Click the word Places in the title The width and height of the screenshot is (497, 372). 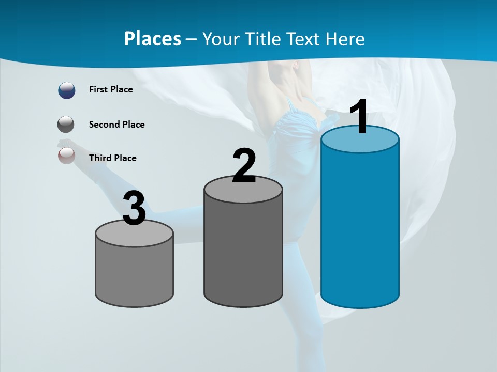(152, 39)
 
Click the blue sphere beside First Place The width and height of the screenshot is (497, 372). (67, 90)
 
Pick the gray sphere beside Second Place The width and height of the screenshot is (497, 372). (66, 125)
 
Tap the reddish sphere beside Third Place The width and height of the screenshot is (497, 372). (66, 155)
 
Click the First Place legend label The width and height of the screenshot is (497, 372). (111, 89)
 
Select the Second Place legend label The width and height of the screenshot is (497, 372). (116, 125)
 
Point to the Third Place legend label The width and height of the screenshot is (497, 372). (112, 158)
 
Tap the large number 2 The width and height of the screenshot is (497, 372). (244, 166)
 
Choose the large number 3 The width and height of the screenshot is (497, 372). (134, 209)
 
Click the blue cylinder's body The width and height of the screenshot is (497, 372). (360, 227)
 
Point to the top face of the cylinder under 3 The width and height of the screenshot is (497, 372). (134, 235)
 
